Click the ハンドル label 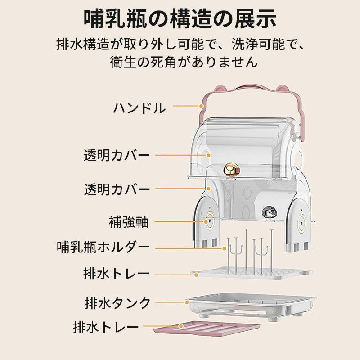139,108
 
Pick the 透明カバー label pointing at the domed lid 117,155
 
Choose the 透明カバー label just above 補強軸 117,189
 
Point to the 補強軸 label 129,221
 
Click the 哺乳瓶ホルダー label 103,247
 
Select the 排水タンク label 117,303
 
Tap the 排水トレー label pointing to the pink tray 106,327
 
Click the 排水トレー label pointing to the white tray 117,274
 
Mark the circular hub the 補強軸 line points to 209,221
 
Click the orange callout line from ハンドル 187,106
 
